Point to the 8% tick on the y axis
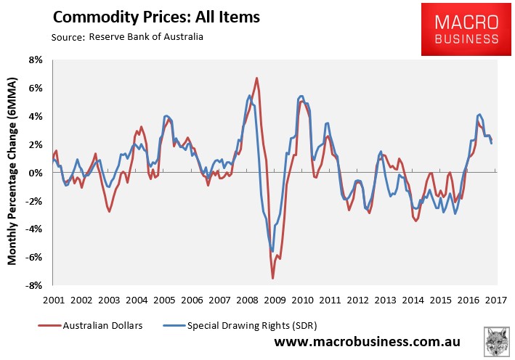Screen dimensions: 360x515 click(x=33, y=60)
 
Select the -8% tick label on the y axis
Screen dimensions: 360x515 click(x=32, y=286)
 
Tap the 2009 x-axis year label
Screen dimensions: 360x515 click(x=275, y=300)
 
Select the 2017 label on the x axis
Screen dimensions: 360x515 click(x=496, y=300)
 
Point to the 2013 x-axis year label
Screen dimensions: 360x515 click(x=386, y=300)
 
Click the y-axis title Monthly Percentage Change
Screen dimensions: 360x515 click(x=13, y=173)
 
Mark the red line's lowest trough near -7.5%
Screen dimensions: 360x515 click(x=273, y=278)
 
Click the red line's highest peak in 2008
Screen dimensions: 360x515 click(x=256, y=78)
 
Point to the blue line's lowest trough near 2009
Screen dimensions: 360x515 click(x=272, y=251)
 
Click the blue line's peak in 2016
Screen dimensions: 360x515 click(x=479, y=115)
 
